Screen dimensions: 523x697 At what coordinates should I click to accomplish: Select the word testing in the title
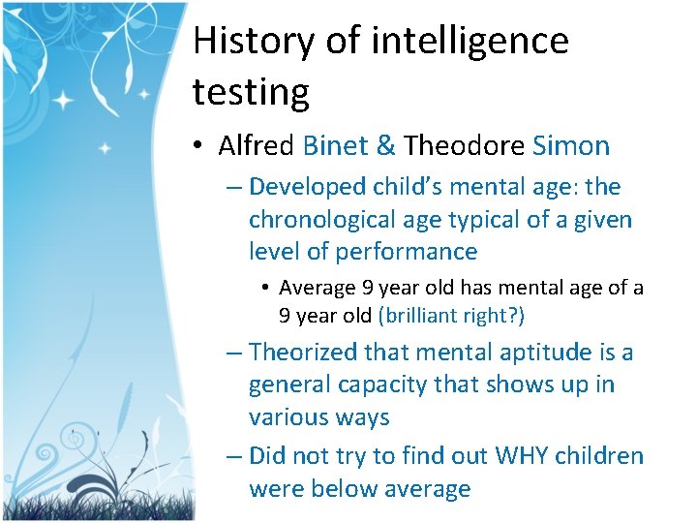click(x=251, y=93)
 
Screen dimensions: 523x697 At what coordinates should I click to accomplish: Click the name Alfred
click(x=257, y=146)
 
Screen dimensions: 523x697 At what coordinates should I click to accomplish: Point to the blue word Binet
click(x=335, y=146)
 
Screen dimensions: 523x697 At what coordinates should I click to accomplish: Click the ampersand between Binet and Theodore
click(x=385, y=146)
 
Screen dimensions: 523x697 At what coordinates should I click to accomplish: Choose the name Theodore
click(x=464, y=146)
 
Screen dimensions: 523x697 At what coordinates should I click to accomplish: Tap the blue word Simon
click(x=571, y=146)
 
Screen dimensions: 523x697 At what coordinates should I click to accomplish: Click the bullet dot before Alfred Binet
click(x=197, y=147)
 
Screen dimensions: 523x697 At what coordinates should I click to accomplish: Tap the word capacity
click(x=381, y=385)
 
